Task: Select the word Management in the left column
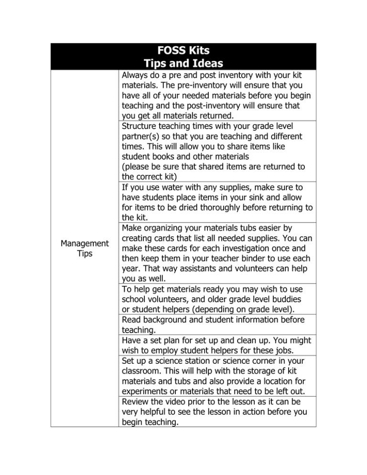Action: coord(84,243)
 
